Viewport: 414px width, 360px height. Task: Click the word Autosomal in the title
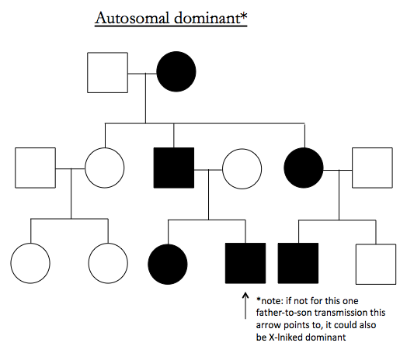click(x=132, y=19)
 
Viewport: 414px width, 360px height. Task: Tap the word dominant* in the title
click(x=210, y=18)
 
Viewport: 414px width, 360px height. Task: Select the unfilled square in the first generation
click(x=108, y=72)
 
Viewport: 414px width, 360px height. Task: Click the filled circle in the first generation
click(x=176, y=71)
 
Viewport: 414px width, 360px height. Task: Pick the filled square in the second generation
click(x=174, y=168)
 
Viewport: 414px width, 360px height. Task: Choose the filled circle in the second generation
click(x=304, y=168)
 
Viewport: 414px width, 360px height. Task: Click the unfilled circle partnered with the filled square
click(x=242, y=169)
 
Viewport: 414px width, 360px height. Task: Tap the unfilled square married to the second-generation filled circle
click(x=372, y=168)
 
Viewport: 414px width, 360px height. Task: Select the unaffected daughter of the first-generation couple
click(x=105, y=168)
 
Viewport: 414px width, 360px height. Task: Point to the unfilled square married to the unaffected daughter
click(x=36, y=168)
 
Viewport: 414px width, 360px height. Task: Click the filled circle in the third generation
click(x=168, y=265)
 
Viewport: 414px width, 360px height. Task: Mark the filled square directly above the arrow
click(x=245, y=263)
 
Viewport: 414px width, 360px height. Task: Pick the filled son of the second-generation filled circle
click(x=298, y=263)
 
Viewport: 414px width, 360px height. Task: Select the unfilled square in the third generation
click(x=376, y=265)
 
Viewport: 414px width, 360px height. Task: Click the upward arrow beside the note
click(x=245, y=306)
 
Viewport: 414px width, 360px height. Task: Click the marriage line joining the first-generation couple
click(x=142, y=73)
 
